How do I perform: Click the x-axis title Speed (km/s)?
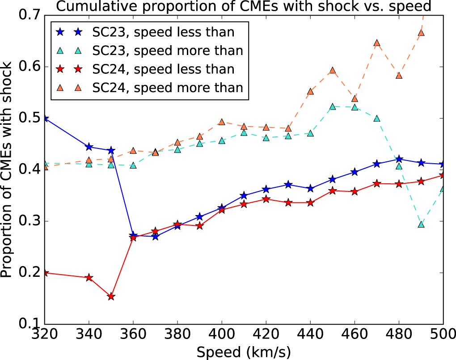[x=244, y=352]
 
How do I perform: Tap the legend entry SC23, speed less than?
[x=163, y=32]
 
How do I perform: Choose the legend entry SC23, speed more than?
[x=168, y=51]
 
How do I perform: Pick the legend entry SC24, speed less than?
[x=163, y=69]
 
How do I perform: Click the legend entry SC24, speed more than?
[x=168, y=87]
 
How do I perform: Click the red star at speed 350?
[x=111, y=296]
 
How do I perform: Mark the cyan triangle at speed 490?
[x=421, y=224]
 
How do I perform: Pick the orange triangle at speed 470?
[x=377, y=43]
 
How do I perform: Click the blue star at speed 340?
[x=89, y=147]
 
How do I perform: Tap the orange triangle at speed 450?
[x=333, y=71]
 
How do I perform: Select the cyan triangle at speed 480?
[x=399, y=166]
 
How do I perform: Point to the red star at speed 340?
[x=89, y=278]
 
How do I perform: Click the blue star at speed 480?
[x=399, y=159]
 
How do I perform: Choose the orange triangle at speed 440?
[x=310, y=92]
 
